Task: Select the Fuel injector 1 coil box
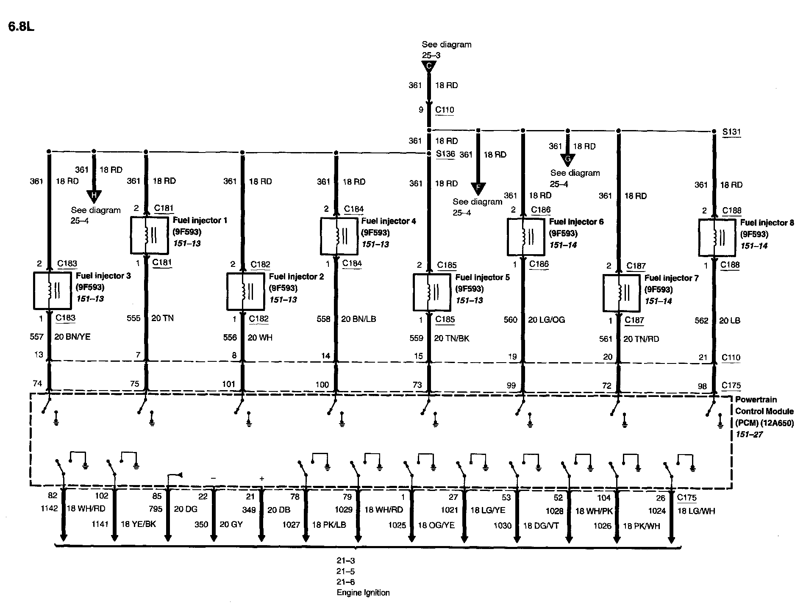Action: (x=149, y=235)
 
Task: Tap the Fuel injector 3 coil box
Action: (x=52, y=290)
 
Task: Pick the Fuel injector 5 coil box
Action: (x=431, y=292)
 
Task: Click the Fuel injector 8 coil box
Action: (x=717, y=237)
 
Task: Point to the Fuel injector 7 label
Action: (x=671, y=278)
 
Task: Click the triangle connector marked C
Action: (x=429, y=67)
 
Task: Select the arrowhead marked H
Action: (x=94, y=195)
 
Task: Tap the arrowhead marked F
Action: (x=478, y=188)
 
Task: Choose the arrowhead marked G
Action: (x=567, y=160)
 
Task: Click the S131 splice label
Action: (x=731, y=132)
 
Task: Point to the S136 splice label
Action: (x=445, y=154)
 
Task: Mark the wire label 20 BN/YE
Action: (x=72, y=337)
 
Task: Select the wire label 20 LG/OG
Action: (x=546, y=320)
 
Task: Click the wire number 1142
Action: (x=49, y=508)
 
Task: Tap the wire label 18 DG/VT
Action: (x=541, y=526)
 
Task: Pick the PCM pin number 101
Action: (x=228, y=384)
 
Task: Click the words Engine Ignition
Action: (x=363, y=593)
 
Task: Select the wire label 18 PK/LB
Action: (x=329, y=525)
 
